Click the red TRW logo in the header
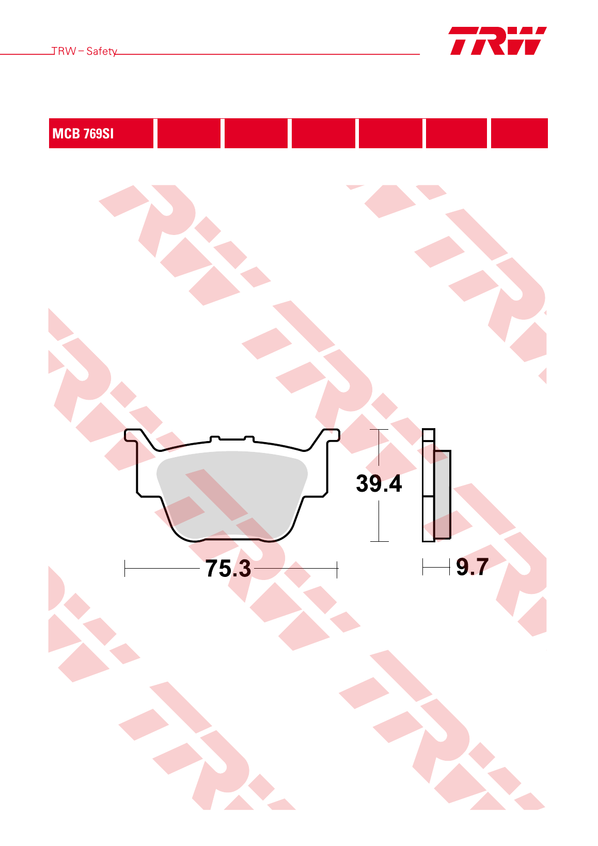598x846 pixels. [x=498, y=41]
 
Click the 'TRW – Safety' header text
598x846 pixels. [x=84, y=51]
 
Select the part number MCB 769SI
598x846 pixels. [x=83, y=134]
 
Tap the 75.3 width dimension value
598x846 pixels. [x=228, y=568]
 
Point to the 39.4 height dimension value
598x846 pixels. [x=379, y=483]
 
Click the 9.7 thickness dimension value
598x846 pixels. [x=473, y=567]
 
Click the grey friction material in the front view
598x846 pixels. [x=232, y=495]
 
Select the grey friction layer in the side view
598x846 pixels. [x=443, y=494]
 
